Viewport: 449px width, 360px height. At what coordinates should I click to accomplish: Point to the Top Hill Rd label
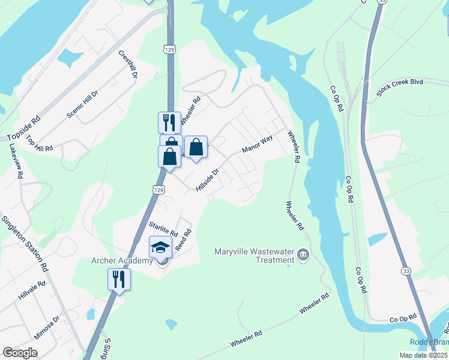pyautogui.click(x=40, y=143)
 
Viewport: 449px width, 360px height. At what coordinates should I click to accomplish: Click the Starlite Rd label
pyautogui.click(x=163, y=228)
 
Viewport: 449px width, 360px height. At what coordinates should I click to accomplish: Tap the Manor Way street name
pyautogui.click(x=257, y=143)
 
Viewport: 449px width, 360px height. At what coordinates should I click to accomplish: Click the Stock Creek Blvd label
pyautogui.click(x=400, y=87)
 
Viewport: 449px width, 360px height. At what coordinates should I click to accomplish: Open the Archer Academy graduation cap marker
pyautogui.click(x=160, y=248)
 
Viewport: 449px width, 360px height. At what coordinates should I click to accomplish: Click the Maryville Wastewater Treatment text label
pyautogui.click(x=255, y=256)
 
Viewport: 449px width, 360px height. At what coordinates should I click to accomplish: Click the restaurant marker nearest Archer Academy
pyautogui.click(x=119, y=279)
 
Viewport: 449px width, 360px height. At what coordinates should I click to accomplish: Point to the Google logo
pyautogui.click(x=20, y=353)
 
